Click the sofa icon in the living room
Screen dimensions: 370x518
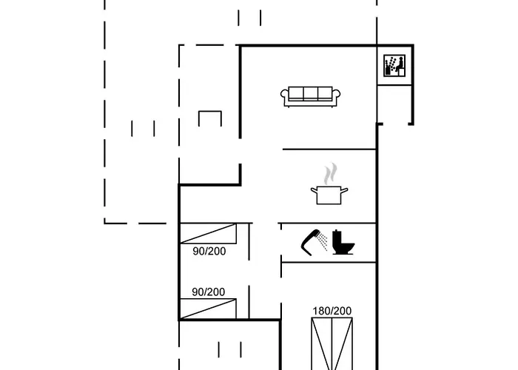point(311,95)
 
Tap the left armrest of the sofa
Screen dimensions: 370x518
point(285,95)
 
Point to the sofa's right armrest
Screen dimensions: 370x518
point(337,95)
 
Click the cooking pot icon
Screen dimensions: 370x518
point(329,195)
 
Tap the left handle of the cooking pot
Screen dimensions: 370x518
point(314,191)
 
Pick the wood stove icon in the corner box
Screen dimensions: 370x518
point(391,67)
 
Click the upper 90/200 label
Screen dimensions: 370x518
point(209,251)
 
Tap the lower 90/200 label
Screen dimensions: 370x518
point(209,292)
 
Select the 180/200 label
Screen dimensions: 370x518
point(332,310)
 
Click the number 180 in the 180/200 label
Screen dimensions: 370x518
point(323,310)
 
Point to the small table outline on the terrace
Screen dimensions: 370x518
point(210,118)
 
